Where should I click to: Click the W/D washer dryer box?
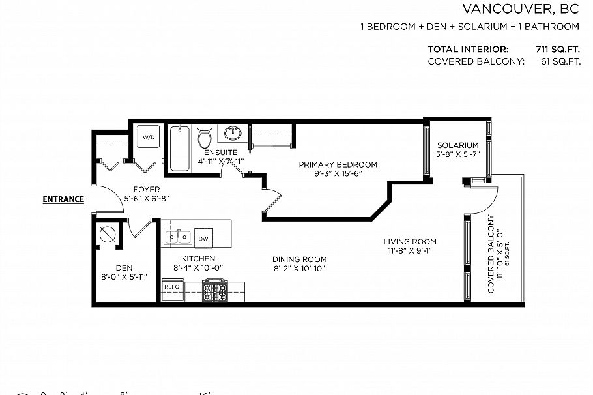pyautogui.click(x=149, y=138)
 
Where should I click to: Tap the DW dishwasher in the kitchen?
pyautogui.click(x=203, y=239)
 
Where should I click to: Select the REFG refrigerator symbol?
pyautogui.click(x=171, y=287)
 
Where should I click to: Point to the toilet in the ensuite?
pyautogui.click(x=204, y=138)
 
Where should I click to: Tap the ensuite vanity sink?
pyautogui.click(x=233, y=134)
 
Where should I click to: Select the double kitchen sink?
pyautogui.click(x=177, y=237)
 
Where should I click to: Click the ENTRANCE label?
pyautogui.click(x=63, y=199)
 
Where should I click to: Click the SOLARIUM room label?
pyautogui.click(x=457, y=145)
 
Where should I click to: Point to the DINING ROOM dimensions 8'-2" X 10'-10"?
pyautogui.click(x=298, y=269)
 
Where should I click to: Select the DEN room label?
pyautogui.click(x=124, y=267)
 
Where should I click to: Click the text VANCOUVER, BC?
pyautogui.click(x=521, y=9)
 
